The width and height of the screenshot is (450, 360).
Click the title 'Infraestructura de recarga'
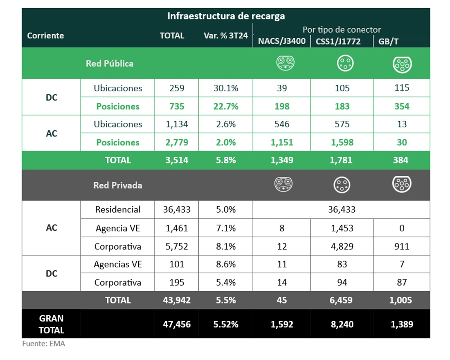click(x=226, y=16)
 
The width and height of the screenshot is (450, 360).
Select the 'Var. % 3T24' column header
click(x=226, y=36)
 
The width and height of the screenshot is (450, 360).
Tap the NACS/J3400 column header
click(x=281, y=41)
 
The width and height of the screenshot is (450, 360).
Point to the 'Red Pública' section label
click(x=110, y=64)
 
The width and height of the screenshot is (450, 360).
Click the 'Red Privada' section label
click(x=118, y=185)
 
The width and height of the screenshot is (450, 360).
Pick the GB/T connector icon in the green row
click(x=402, y=64)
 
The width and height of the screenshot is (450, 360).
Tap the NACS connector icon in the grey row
click(x=283, y=184)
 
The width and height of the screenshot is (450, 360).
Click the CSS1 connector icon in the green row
click(x=345, y=63)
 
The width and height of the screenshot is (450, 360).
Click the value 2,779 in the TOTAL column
click(x=177, y=142)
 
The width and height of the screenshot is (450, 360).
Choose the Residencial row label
click(x=118, y=209)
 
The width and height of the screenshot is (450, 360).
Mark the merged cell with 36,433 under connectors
click(x=342, y=209)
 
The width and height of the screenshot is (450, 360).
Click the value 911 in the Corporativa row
click(x=402, y=247)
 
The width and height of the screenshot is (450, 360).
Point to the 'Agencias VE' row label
click(x=118, y=265)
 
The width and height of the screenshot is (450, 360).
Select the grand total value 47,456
click(x=177, y=324)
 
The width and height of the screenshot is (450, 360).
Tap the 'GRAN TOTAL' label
click(x=52, y=324)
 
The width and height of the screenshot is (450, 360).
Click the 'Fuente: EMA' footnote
click(x=43, y=344)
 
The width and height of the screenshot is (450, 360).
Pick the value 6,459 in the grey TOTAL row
click(x=342, y=300)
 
